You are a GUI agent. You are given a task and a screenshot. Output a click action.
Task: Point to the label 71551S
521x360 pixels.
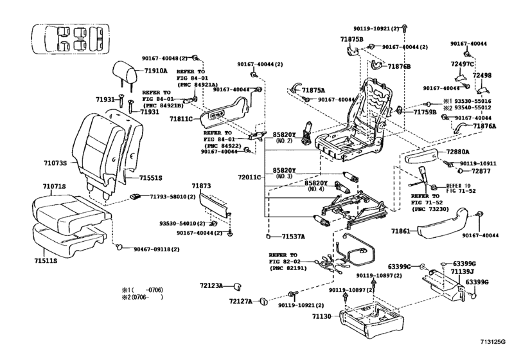[x=151, y=177]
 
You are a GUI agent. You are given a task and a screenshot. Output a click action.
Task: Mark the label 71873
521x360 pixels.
[x=201, y=186]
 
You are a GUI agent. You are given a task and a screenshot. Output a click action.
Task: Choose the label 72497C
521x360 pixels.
[x=461, y=64]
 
